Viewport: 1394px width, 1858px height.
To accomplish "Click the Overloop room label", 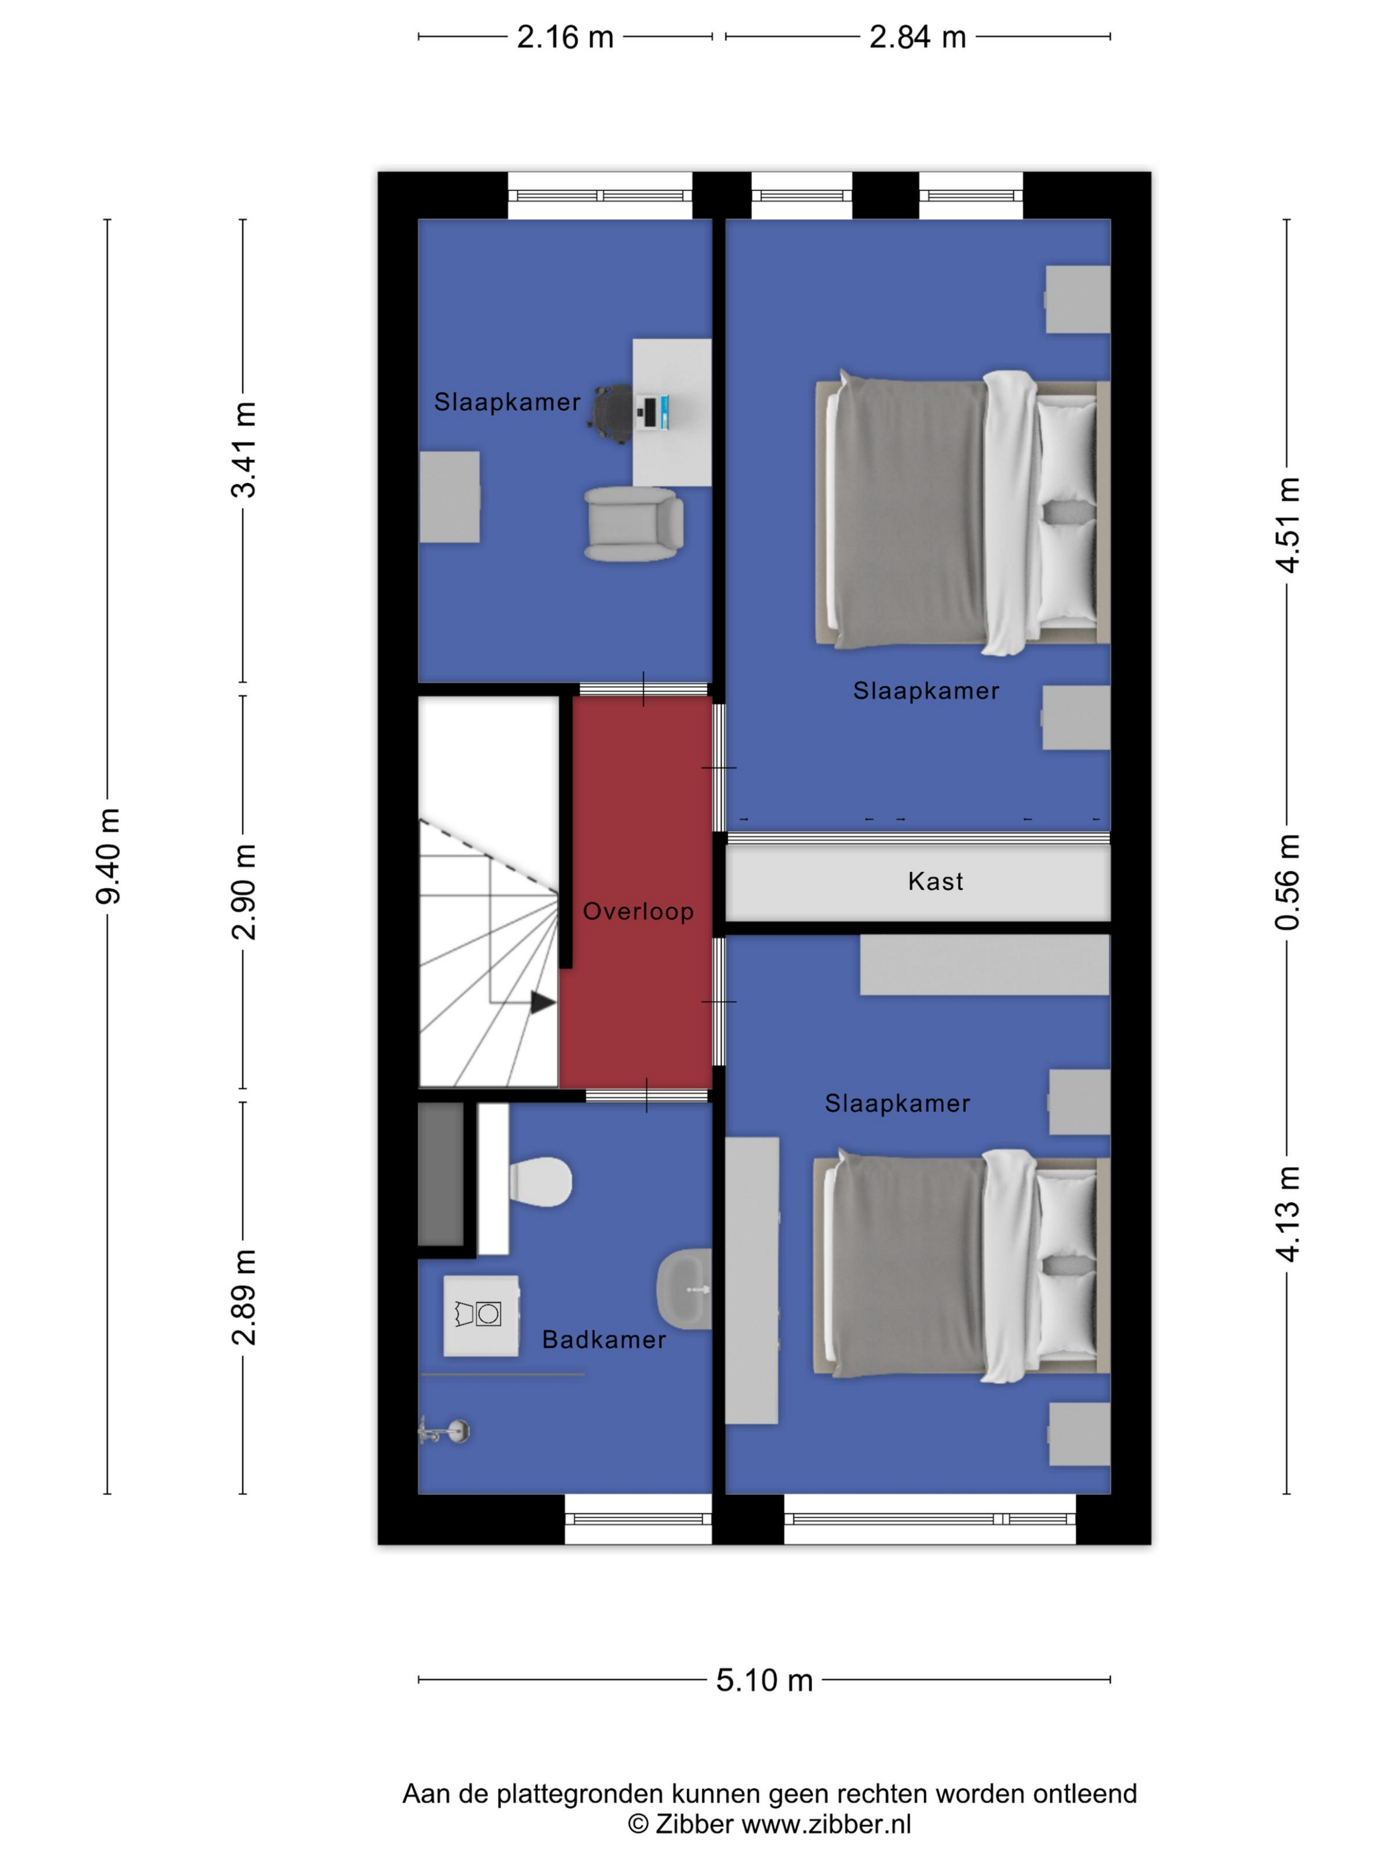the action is pyautogui.click(x=638, y=911).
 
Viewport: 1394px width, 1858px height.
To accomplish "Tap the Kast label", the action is pyautogui.click(x=935, y=881).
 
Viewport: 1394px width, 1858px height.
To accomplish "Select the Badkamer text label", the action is pyautogui.click(x=603, y=1339).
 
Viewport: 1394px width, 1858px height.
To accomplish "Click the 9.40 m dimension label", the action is pyautogui.click(x=108, y=856).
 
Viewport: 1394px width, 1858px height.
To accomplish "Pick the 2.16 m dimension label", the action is pyautogui.click(x=565, y=37).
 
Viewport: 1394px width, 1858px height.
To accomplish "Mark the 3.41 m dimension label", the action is pyautogui.click(x=244, y=449).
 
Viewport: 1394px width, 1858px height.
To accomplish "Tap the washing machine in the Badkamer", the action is pyautogui.click(x=481, y=1315).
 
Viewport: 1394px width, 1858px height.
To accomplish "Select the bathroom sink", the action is pyautogui.click(x=684, y=1288).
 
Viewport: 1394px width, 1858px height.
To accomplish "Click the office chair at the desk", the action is pyautogui.click(x=613, y=413).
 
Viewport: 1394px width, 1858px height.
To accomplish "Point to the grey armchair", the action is pyautogui.click(x=633, y=524).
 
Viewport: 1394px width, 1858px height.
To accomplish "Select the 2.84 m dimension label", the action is pyautogui.click(x=917, y=37).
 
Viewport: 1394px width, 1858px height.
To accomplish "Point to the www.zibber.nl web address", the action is pyautogui.click(x=826, y=1823).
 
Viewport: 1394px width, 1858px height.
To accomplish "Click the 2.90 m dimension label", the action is pyautogui.click(x=244, y=891).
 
